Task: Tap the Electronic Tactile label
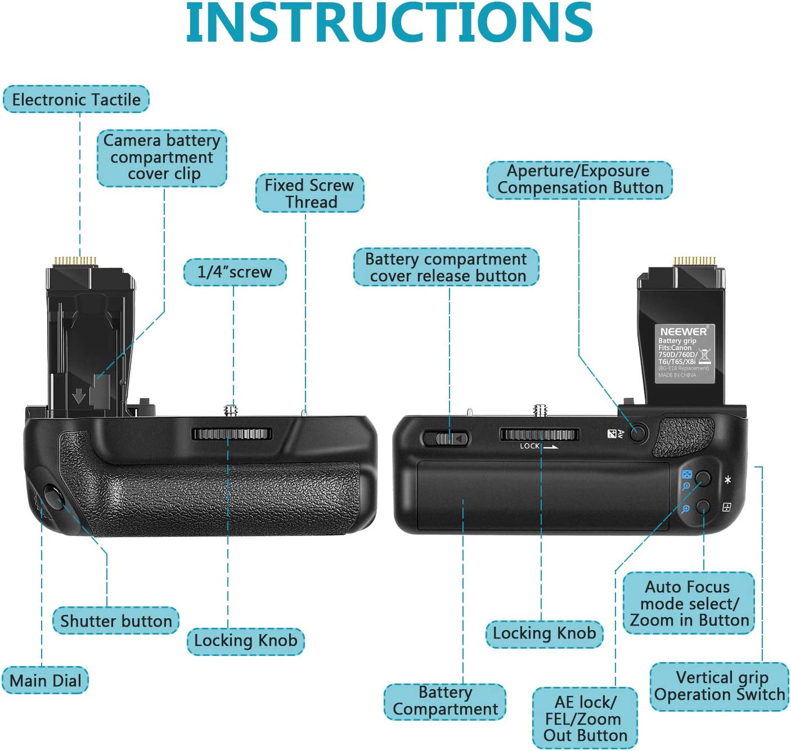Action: [76, 100]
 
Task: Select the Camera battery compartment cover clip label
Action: [162, 157]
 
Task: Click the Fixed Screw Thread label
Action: [309, 193]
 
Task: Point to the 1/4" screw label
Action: [235, 272]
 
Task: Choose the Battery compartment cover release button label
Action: [446, 267]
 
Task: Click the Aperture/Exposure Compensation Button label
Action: [579, 179]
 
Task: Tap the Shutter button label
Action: [116, 620]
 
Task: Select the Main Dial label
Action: [46, 680]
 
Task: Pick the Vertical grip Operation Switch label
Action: [720, 686]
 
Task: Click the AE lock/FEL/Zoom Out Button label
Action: [585, 718]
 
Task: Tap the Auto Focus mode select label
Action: [689, 603]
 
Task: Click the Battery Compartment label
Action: [445, 701]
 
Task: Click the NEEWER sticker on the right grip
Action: [685, 353]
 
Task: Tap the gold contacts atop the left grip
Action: [75, 261]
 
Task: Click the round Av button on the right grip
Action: [637, 433]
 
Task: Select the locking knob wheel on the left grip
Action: [232, 434]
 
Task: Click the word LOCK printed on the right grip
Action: [529, 446]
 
